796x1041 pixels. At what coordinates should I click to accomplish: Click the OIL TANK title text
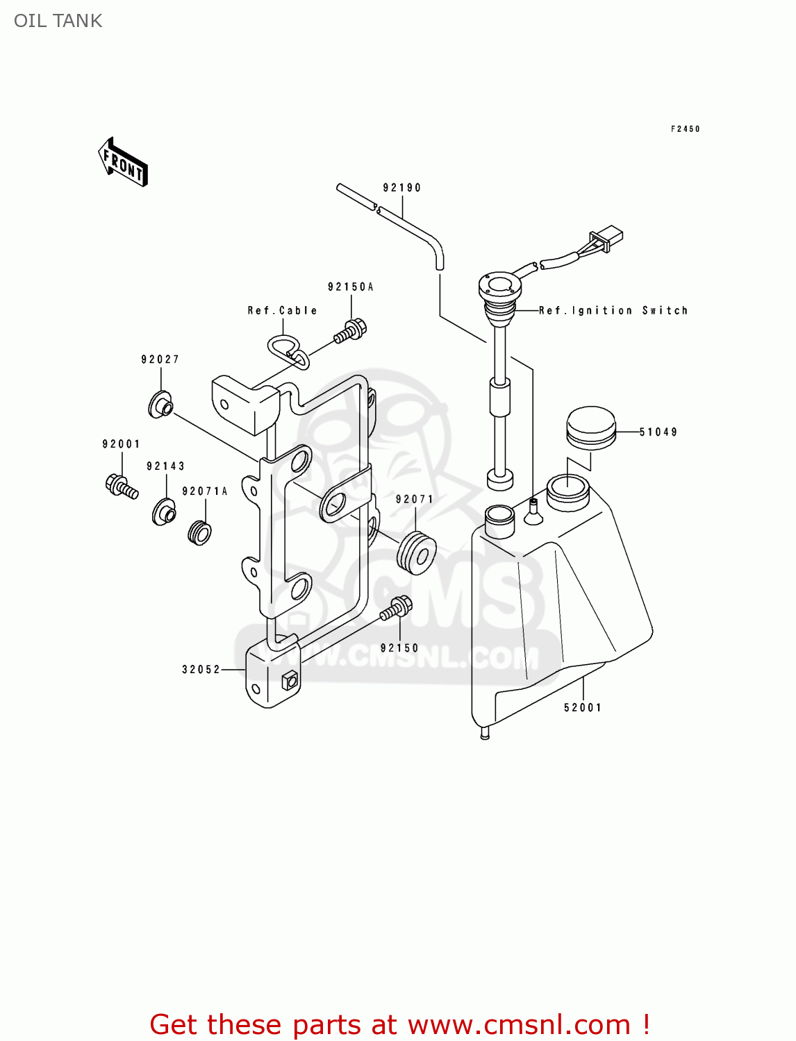58,21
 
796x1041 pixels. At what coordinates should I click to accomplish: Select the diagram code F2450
685,129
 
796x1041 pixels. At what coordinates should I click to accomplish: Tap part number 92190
401,188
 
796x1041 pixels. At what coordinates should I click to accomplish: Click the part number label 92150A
350,287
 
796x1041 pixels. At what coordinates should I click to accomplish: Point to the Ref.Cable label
282,311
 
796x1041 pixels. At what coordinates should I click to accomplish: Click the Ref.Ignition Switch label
613,311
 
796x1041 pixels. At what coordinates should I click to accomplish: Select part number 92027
160,359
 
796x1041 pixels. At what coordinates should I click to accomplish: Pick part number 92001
121,444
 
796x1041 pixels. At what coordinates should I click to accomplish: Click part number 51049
658,432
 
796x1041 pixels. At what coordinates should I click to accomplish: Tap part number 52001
582,708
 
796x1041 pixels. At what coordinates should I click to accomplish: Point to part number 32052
201,670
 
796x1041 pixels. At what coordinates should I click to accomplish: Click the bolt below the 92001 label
122,485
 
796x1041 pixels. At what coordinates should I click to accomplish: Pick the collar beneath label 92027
160,405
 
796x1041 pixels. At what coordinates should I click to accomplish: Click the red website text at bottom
399,1024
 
